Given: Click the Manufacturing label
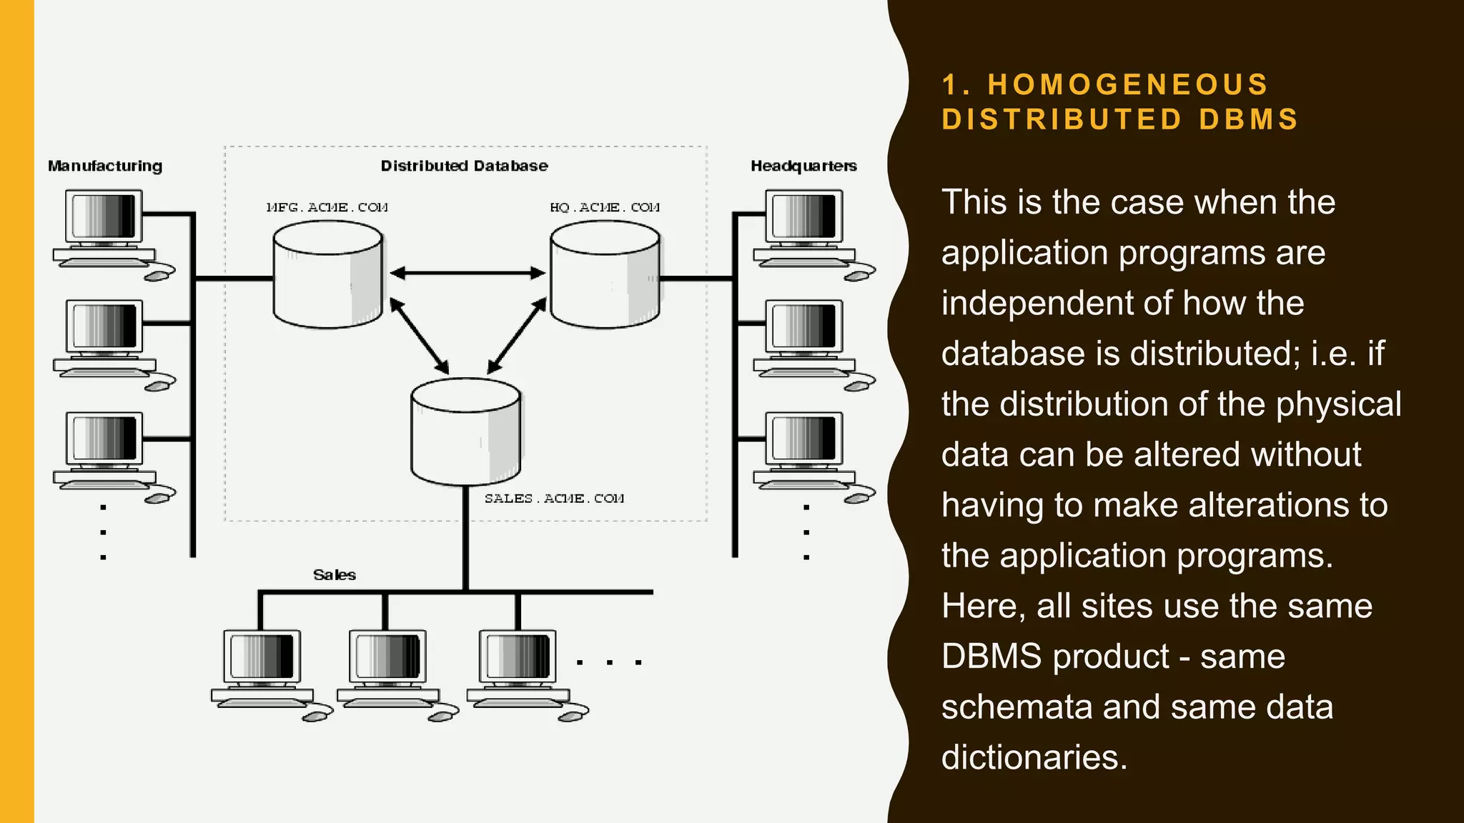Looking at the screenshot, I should (x=105, y=166).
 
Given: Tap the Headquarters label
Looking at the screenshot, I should (x=803, y=166).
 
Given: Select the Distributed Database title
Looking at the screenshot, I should (x=464, y=166).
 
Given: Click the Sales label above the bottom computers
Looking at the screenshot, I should (x=334, y=575).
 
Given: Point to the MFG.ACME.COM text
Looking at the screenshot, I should (x=327, y=207).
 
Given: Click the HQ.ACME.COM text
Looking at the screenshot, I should (x=605, y=207).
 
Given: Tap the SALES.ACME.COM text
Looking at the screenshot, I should (x=554, y=498).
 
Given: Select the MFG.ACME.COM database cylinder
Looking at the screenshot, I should (x=327, y=275).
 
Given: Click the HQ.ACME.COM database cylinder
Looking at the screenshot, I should (x=605, y=275).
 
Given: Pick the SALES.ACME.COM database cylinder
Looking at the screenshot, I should (x=465, y=432).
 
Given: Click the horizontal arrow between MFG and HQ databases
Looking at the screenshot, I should (x=467, y=273).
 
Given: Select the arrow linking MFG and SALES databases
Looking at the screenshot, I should (x=419, y=335).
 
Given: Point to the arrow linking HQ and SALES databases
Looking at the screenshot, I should (x=517, y=335).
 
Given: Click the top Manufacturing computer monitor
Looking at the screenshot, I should (x=104, y=216).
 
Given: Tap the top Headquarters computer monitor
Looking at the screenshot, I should (x=804, y=216).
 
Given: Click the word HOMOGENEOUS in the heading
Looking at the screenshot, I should (x=1128, y=84).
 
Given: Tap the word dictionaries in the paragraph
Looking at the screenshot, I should (x=1034, y=757).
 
